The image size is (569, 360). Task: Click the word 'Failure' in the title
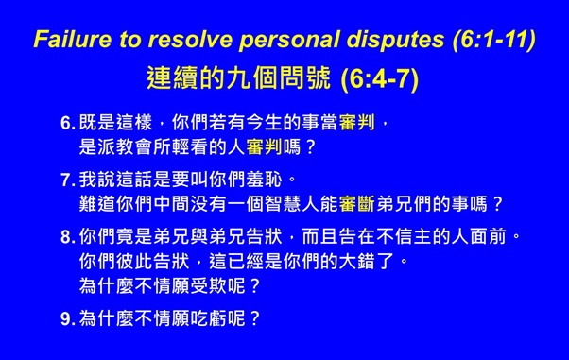[x=68, y=40]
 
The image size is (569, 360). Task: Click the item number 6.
[x=66, y=124]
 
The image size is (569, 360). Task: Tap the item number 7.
[x=66, y=179]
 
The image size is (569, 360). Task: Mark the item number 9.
[x=66, y=318]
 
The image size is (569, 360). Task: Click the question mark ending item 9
[x=253, y=318]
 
